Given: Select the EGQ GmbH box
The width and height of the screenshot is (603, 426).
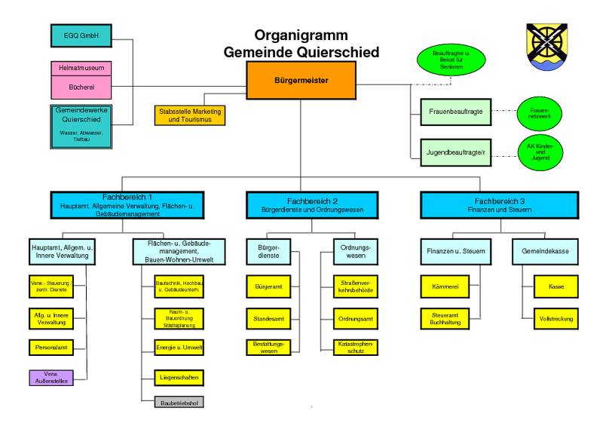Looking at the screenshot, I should (80, 35).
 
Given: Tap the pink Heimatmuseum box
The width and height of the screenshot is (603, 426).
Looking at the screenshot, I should (81, 69).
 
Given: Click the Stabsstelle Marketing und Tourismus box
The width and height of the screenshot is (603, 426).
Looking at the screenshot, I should (189, 115).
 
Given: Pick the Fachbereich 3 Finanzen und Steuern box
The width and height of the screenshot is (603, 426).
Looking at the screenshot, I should (498, 204).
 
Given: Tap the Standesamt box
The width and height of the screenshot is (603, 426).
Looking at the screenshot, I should (268, 318).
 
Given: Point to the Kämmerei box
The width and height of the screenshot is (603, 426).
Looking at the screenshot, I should (451, 287).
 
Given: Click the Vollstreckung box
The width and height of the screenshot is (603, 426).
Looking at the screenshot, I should (556, 318).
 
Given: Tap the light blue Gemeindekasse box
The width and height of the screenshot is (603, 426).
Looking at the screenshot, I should (544, 250).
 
